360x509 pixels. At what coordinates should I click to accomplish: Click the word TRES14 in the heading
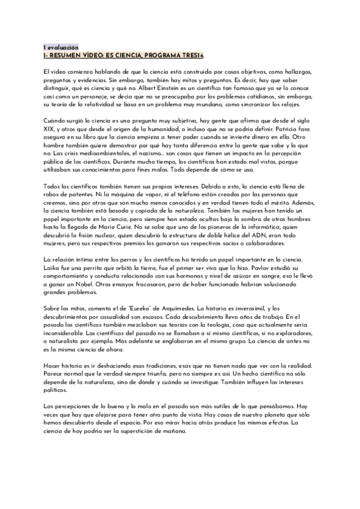[x=190, y=55]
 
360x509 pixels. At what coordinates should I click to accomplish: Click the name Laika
[x=52, y=267]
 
